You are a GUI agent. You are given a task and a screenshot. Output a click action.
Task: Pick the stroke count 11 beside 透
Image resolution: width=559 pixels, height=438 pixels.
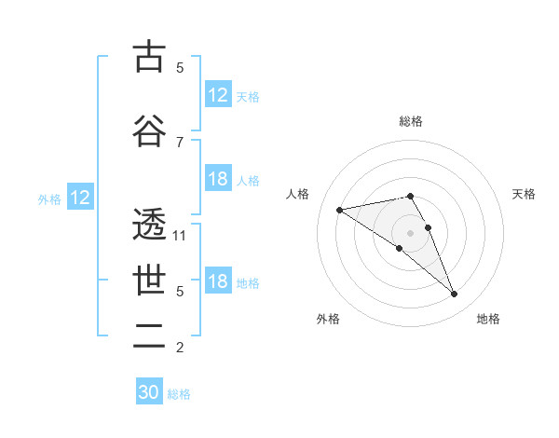tap(180, 236)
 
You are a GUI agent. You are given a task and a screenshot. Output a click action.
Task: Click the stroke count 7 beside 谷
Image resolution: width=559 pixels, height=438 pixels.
tap(180, 142)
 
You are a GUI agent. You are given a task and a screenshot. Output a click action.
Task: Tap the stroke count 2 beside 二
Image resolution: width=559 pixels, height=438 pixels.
tap(180, 348)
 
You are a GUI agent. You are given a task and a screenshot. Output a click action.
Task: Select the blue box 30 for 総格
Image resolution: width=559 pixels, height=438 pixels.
tap(149, 392)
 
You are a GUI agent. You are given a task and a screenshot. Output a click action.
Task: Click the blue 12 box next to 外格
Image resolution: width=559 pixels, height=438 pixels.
tap(79, 198)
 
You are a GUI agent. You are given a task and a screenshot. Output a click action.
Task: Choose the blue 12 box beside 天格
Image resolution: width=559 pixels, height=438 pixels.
tap(218, 95)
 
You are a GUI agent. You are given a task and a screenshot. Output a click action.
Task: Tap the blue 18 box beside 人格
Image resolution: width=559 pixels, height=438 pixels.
tap(218, 180)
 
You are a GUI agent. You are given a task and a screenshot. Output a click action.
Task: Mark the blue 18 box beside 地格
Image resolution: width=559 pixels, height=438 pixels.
tap(218, 282)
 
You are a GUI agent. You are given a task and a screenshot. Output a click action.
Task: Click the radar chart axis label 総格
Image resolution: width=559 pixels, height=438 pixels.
tap(411, 121)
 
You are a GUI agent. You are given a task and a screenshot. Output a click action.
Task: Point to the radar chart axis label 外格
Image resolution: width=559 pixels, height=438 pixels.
tap(328, 319)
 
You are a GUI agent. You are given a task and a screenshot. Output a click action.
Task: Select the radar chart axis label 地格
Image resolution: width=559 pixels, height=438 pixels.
tap(488, 319)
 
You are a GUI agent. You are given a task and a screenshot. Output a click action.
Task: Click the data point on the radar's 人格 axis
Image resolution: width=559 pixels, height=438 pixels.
tap(340, 209)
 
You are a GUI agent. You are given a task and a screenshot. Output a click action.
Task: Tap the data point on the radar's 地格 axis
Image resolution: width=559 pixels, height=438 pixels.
tap(454, 294)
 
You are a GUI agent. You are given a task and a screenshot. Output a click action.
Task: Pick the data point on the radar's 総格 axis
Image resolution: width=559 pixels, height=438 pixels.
tap(411, 196)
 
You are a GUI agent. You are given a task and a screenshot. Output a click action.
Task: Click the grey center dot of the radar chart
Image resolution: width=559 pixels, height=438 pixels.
tap(411, 232)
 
